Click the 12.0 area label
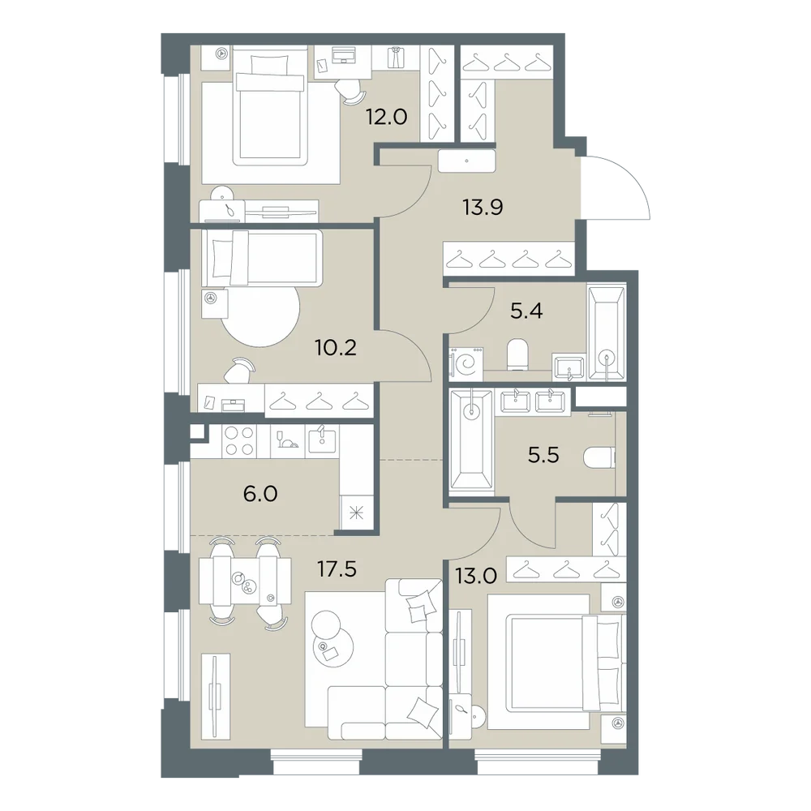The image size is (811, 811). coord(386,117)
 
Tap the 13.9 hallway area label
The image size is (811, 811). coord(483,208)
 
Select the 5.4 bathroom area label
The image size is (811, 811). coord(526,311)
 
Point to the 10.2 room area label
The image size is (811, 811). coord(337,348)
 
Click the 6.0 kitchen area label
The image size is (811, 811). coord(260,494)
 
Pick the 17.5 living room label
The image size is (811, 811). coord(337,570)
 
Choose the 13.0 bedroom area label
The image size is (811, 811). coord(476,575)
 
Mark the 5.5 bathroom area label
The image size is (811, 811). coord(543,455)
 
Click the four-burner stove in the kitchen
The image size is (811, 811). coord(239,440)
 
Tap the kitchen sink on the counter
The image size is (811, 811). coord(322,440)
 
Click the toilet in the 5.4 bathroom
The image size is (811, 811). coord(517,354)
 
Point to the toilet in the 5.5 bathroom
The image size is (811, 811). coord(599,457)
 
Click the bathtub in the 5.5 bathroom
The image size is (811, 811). coord(470,440)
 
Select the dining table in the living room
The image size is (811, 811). coord(246,581)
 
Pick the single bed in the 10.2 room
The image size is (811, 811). coord(262,258)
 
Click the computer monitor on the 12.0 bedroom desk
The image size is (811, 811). coord(343,54)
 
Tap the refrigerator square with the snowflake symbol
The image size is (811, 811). coord(356,513)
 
